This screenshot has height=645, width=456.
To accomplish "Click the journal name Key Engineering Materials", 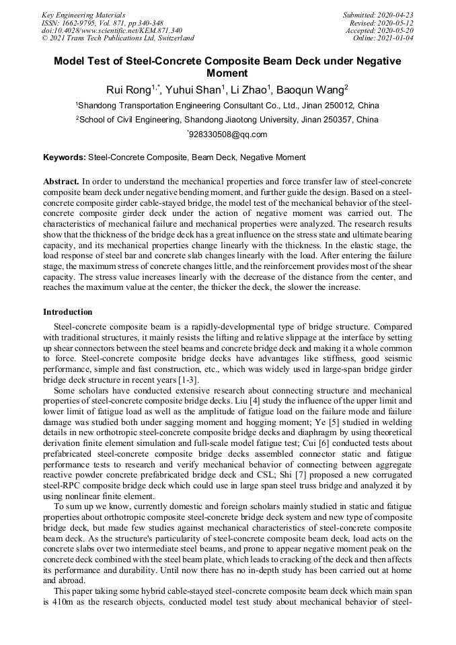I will (82, 14).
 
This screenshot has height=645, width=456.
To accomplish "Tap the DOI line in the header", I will (112, 30).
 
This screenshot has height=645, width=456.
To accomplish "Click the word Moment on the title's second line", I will (227, 73).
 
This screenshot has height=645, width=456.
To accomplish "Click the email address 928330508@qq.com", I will (229, 135).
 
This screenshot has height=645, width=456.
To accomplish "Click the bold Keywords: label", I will (65, 157).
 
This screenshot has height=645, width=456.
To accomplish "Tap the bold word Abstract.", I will (61, 182).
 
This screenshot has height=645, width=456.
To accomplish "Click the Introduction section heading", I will (68, 312).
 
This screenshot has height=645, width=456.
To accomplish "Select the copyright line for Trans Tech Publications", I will (118, 38).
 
